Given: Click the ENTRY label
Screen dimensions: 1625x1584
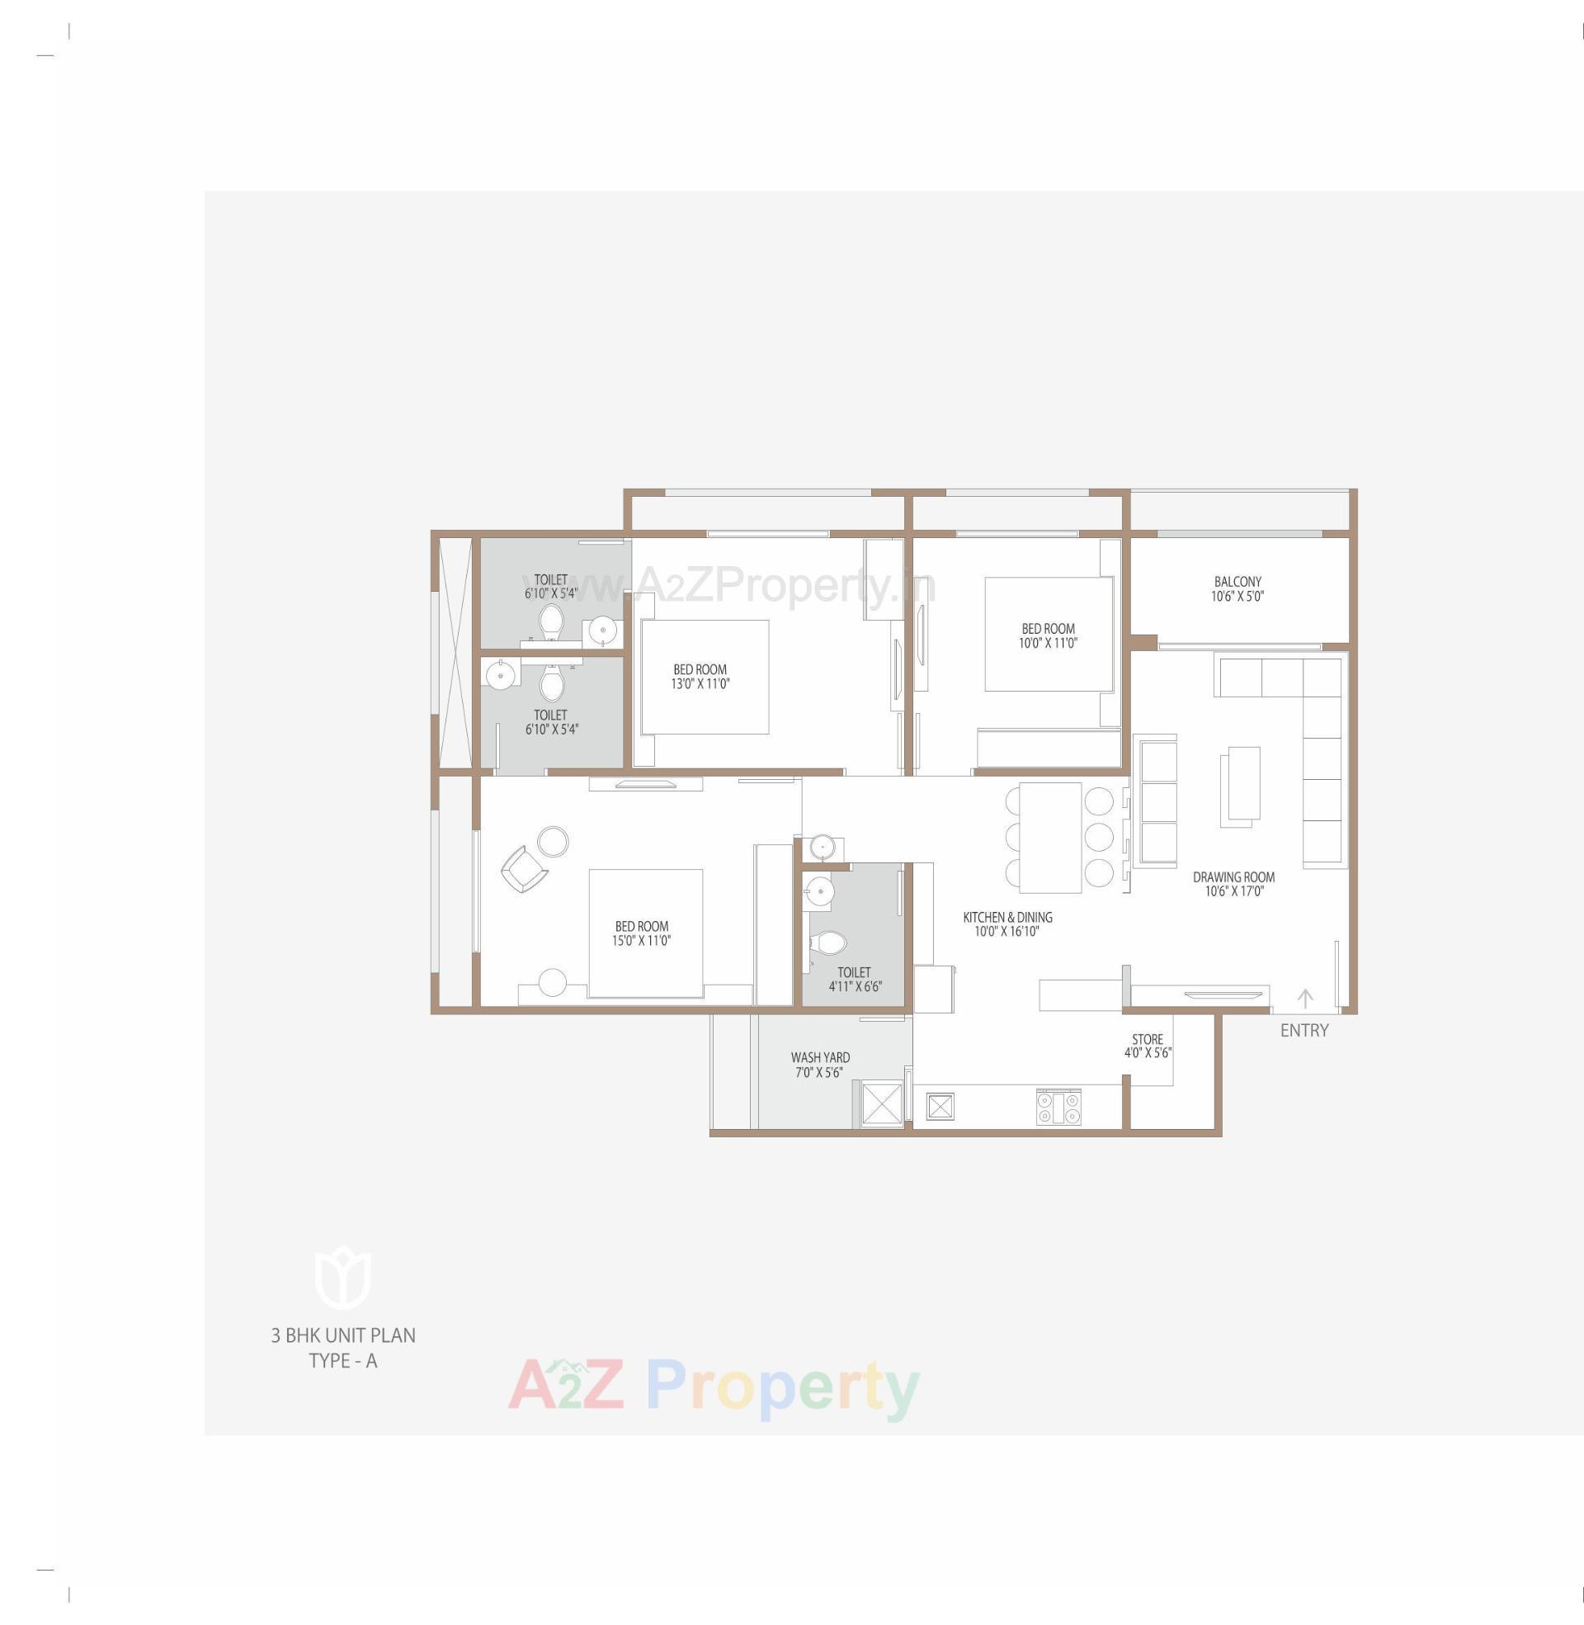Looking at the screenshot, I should coord(1303,1030).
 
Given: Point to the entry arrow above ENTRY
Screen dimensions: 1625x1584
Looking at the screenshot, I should coord(1305,998).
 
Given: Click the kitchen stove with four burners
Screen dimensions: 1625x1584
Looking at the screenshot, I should coord(1058,1108).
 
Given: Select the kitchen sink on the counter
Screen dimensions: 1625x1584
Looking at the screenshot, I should coord(939,1107).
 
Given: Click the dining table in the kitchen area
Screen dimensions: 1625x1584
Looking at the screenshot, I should coord(1050,837).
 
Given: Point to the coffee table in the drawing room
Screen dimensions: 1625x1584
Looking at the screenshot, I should coord(1240,787).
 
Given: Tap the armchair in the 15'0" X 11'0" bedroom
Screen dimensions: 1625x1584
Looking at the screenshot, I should coord(523,869).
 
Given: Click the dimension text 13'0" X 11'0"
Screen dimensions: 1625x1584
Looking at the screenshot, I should coord(700,684).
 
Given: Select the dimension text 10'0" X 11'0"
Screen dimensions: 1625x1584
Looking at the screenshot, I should coord(1049,643).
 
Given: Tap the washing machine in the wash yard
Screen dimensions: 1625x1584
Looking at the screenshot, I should coord(881,1103).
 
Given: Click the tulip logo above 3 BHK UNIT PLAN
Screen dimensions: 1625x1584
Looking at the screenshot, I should coord(342,1278).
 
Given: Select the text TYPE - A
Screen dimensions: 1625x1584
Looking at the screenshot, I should coord(342,1360).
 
